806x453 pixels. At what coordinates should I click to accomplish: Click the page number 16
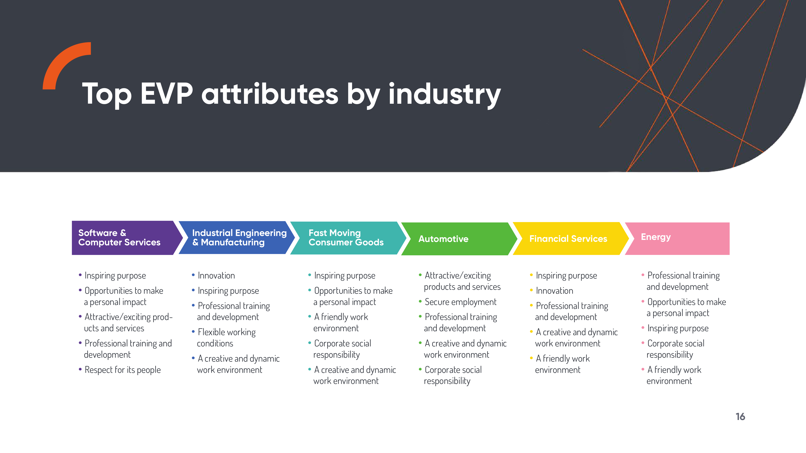tap(740, 417)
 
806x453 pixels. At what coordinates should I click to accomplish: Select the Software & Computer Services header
tap(119, 238)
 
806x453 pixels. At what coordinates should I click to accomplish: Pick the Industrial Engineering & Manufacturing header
tap(239, 238)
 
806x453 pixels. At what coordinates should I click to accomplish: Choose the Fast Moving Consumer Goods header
tap(346, 238)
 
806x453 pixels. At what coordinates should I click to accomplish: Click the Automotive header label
tap(443, 239)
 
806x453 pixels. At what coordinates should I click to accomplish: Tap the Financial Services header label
tap(568, 239)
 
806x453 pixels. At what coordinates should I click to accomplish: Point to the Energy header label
tap(656, 237)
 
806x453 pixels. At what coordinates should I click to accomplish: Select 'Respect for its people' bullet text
tap(123, 370)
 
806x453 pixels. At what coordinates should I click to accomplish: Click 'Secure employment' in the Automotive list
tap(461, 302)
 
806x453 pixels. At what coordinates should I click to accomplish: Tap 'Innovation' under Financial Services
tap(554, 291)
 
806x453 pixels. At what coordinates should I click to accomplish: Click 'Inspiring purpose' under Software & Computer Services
tap(115, 276)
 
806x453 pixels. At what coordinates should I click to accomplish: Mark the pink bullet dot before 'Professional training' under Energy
tap(643, 275)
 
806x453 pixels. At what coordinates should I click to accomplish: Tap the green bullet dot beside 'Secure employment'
tap(420, 301)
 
